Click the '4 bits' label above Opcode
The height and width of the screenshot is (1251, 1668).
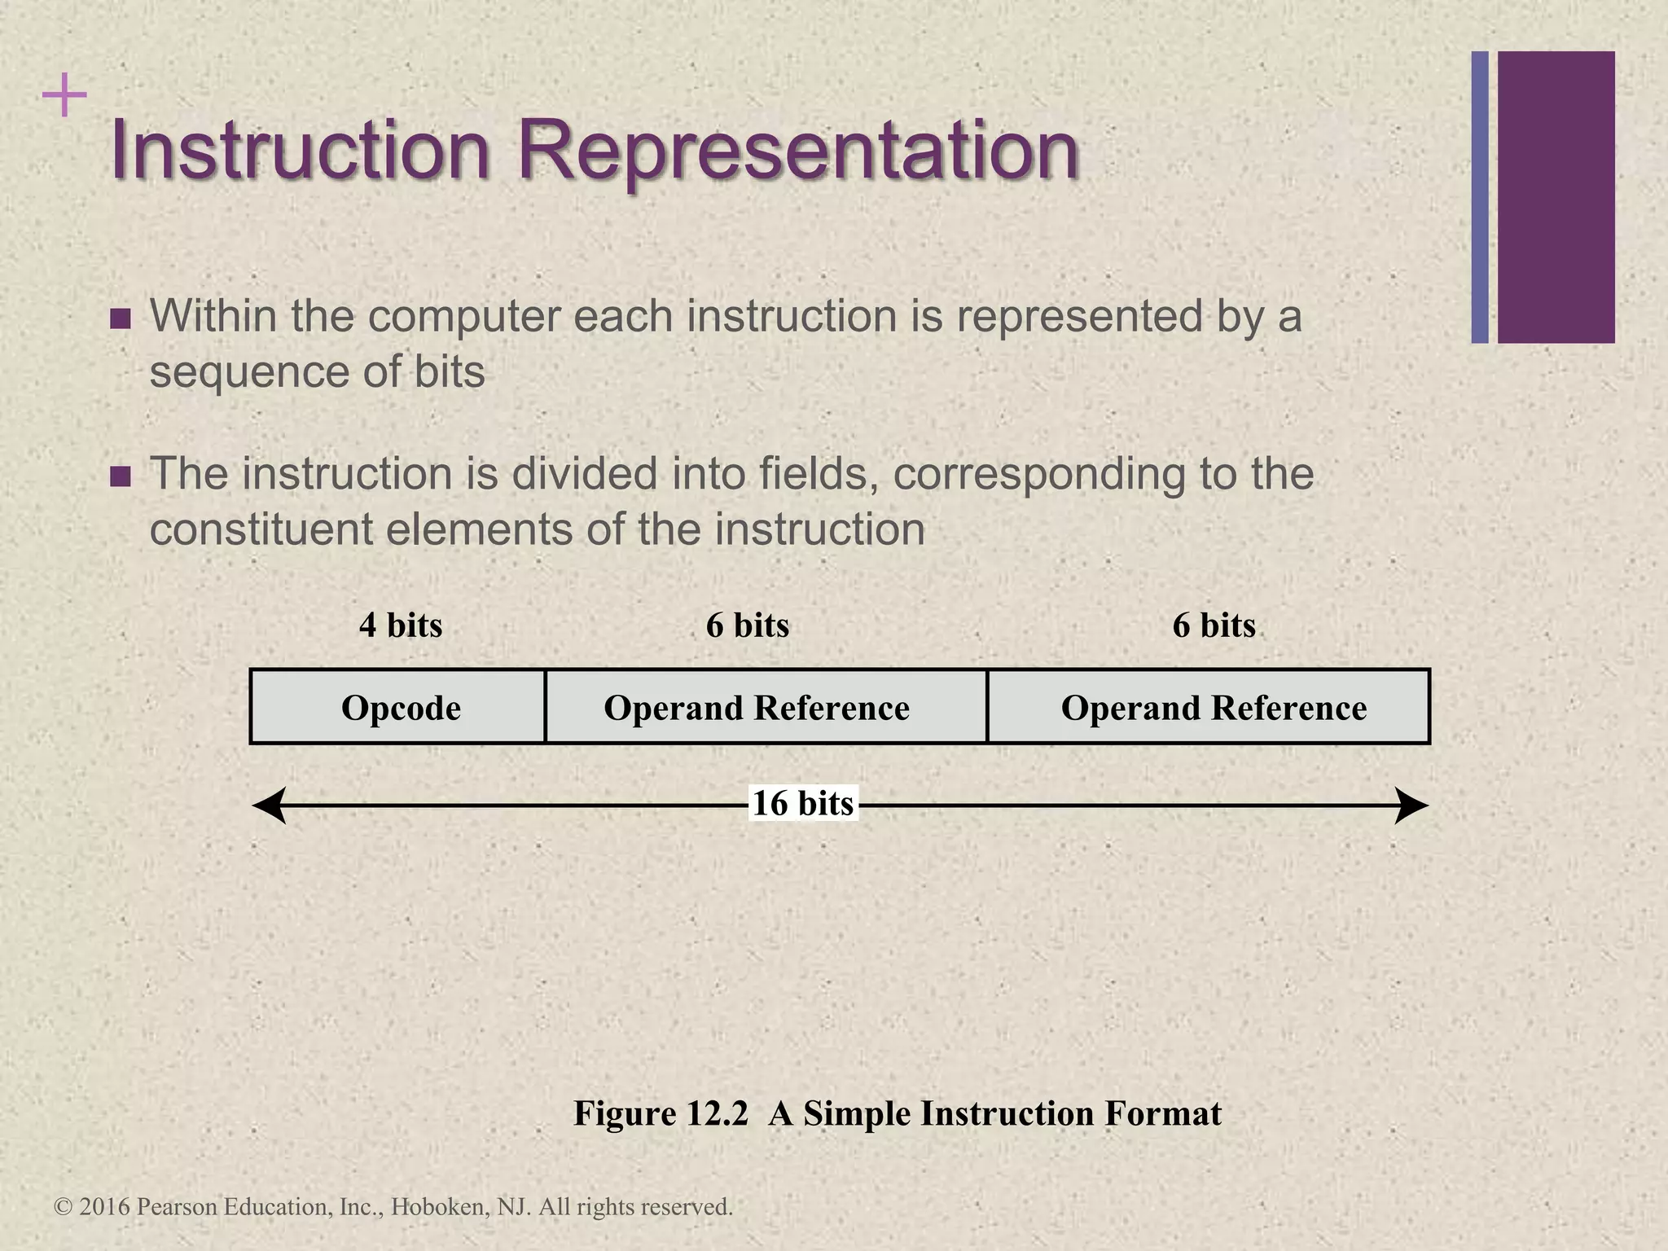coord(401,625)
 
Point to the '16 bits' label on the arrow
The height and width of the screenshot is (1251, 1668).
coord(802,804)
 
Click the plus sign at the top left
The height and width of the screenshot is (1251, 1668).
coord(64,97)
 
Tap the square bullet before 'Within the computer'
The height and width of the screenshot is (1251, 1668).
coord(120,318)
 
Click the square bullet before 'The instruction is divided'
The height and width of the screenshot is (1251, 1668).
coord(120,476)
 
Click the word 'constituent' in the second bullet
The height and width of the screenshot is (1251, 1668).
coord(261,530)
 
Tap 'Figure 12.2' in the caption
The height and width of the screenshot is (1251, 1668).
coord(661,1113)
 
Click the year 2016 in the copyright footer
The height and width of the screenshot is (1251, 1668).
coord(105,1207)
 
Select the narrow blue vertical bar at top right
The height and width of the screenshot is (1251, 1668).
coord(1480,197)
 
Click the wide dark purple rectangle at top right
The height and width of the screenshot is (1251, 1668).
coord(1556,197)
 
